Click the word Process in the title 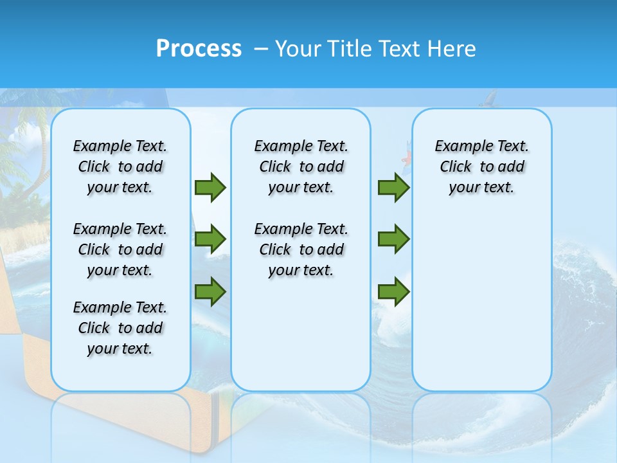199,49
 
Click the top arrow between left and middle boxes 210,187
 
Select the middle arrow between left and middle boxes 210,239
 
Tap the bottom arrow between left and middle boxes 210,292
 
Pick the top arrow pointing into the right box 393,187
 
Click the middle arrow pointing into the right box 393,239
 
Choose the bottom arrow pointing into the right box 393,292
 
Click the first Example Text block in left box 120,167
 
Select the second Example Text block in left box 120,250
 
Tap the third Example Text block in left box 120,328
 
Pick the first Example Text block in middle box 301,167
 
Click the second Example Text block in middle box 301,250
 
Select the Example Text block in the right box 481,167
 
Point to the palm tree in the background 35,148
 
